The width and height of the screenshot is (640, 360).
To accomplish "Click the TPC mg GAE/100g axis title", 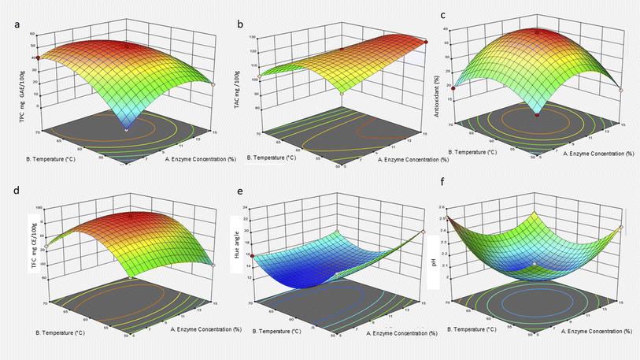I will [x=15, y=91].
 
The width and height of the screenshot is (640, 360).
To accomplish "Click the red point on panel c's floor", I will [x=538, y=115].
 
